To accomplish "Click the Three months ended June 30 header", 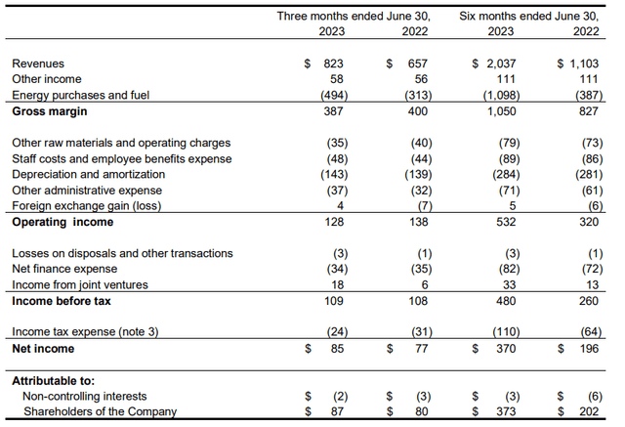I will tap(354, 16).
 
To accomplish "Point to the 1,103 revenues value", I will tap(584, 63).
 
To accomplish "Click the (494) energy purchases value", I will tap(333, 96).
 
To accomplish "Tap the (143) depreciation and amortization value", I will tap(333, 174).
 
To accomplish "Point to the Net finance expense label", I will tap(64, 269).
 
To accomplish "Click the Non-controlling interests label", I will tap(86, 397).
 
